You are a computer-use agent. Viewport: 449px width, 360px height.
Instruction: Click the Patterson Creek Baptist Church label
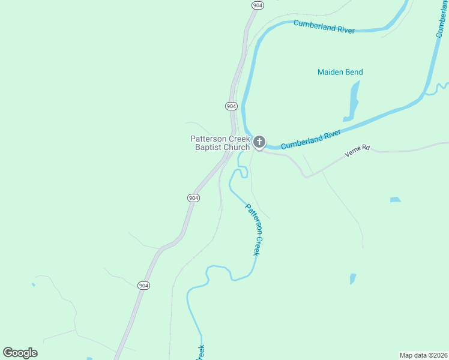tap(220, 143)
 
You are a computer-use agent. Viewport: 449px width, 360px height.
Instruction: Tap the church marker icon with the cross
tap(259, 142)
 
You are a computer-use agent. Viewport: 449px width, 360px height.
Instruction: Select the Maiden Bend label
tap(340, 72)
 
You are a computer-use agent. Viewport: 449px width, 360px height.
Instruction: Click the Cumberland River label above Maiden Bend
tap(324, 26)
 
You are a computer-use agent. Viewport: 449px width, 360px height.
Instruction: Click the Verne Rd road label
tap(359, 151)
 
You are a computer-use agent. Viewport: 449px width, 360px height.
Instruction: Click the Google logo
tap(20, 353)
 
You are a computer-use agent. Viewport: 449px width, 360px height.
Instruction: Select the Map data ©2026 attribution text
tap(423, 355)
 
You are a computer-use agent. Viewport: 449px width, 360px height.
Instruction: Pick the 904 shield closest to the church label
tap(231, 106)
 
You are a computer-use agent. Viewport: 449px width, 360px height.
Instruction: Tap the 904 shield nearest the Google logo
tap(143, 285)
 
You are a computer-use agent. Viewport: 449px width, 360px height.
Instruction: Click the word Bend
tap(354, 72)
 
